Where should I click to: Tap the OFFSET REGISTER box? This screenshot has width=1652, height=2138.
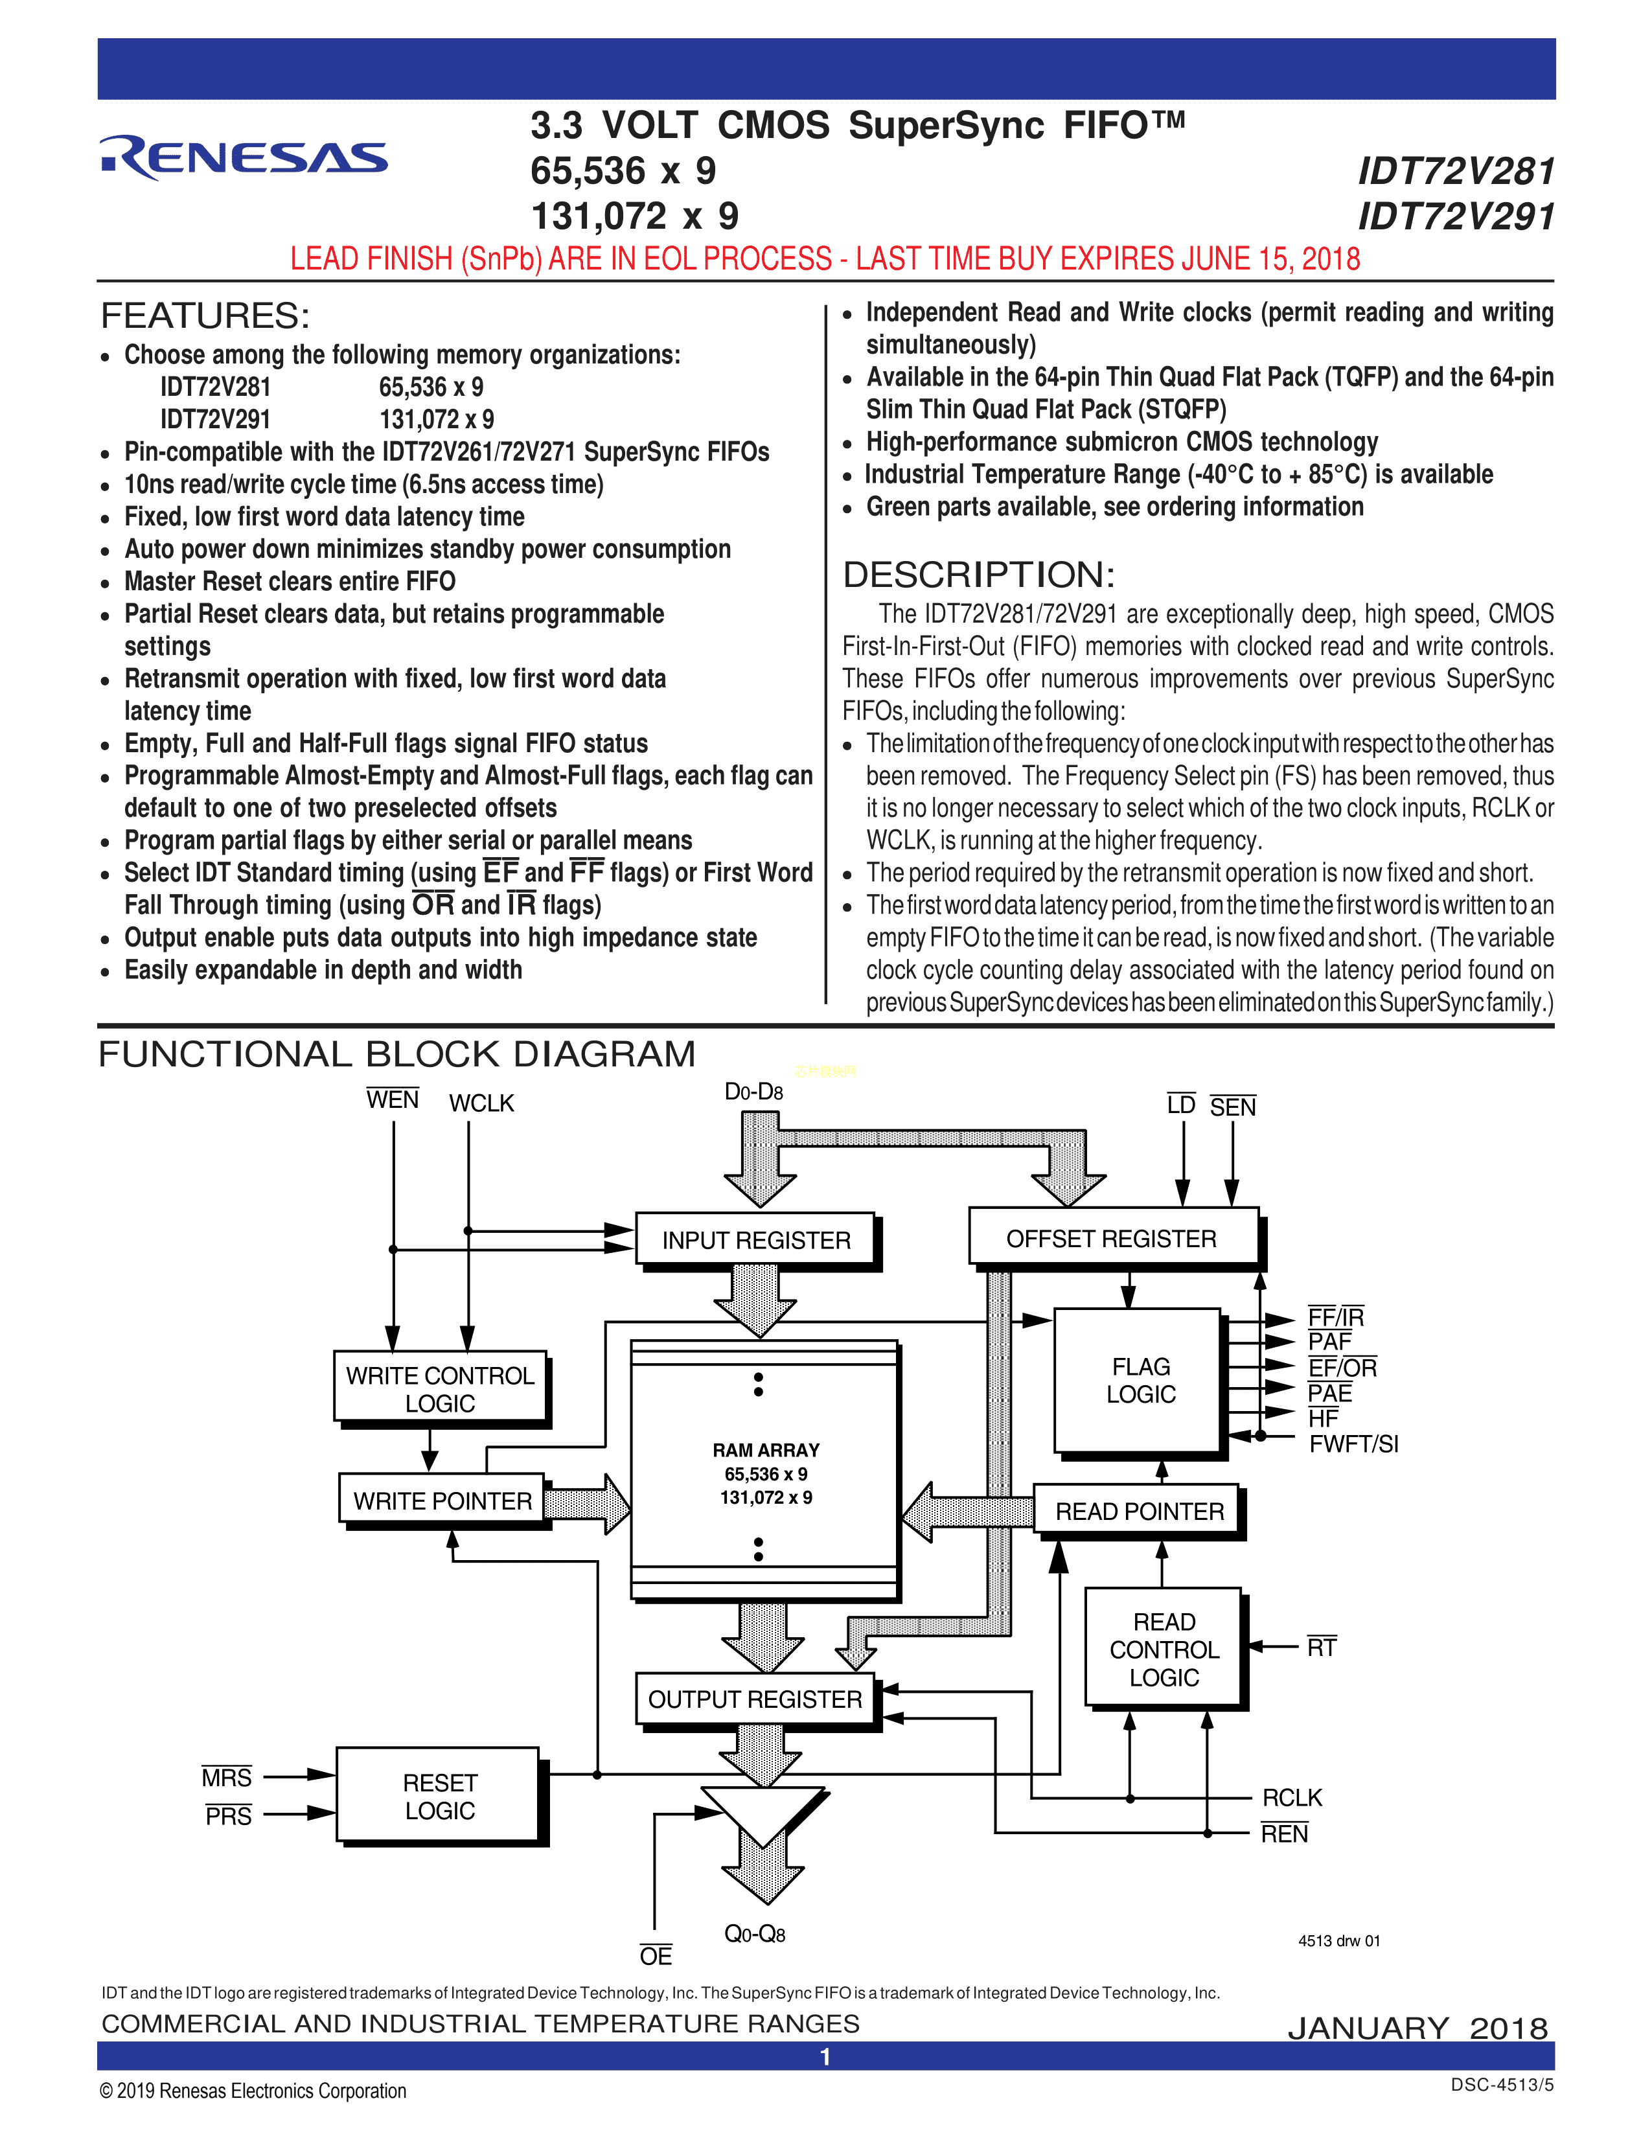[1112, 1238]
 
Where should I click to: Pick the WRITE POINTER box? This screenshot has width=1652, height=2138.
[441, 1500]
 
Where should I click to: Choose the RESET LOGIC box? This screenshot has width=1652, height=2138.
[439, 1797]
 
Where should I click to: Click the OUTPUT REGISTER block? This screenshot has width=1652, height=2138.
[755, 1699]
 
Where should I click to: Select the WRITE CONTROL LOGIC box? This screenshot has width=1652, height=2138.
[441, 1388]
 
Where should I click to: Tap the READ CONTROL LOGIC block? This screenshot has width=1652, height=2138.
[1163, 1649]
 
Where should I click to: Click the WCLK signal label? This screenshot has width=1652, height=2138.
[481, 1103]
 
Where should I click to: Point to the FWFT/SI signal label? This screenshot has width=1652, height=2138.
[1353, 1443]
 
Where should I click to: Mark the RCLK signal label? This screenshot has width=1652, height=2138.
[1292, 1797]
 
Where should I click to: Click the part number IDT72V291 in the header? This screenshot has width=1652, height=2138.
[1455, 217]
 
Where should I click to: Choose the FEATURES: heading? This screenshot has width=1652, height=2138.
[205, 316]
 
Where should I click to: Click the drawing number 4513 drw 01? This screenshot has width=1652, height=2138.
[1339, 1940]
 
